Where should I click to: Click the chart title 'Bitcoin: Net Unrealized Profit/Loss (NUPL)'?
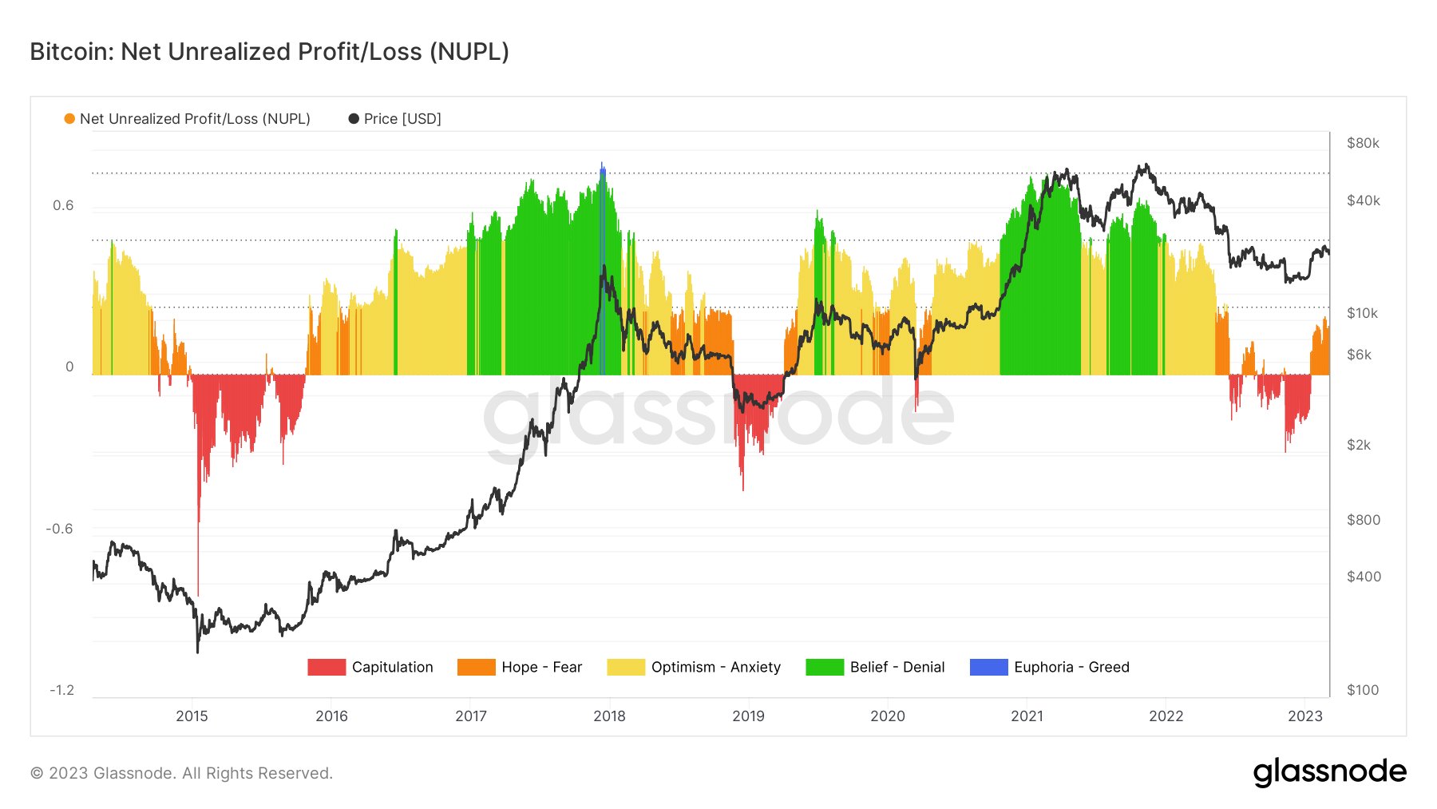point(269,52)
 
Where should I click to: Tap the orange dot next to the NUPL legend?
point(69,119)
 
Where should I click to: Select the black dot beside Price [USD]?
point(354,119)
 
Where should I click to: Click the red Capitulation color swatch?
point(327,667)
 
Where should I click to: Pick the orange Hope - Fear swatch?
point(476,667)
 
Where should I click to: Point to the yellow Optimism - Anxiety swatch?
point(625,667)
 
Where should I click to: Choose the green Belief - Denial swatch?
point(825,667)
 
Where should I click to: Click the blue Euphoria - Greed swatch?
point(988,667)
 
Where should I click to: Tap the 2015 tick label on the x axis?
point(192,716)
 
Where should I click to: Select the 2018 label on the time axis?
point(609,716)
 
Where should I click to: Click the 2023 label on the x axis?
point(1305,716)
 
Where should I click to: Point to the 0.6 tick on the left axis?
point(63,206)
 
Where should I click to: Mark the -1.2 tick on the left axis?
point(61,691)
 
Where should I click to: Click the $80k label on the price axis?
point(1363,144)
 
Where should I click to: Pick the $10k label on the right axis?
point(1362,314)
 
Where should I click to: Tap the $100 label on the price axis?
point(1363,691)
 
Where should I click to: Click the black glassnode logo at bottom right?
point(1329,772)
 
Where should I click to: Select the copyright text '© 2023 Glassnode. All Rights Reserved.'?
point(181,773)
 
